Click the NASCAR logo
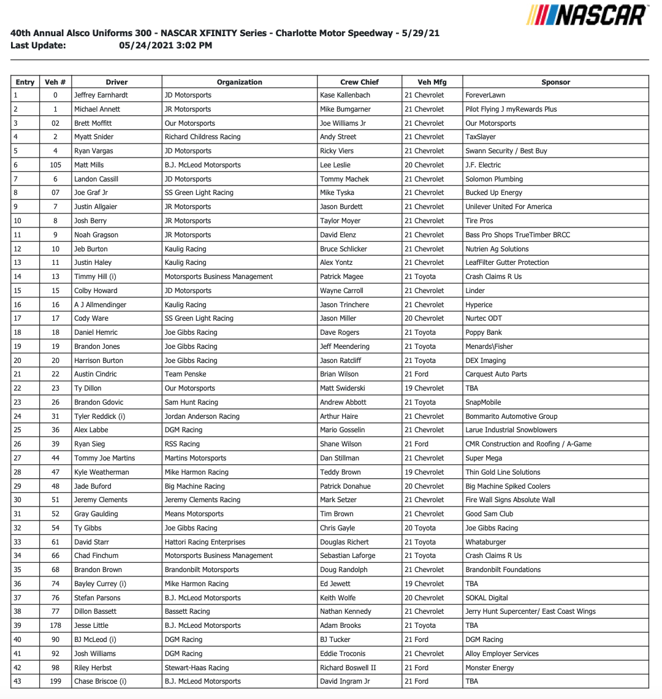[587, 15]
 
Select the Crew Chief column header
[359, 82]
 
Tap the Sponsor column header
[555, 82]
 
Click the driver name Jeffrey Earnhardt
[101, 96]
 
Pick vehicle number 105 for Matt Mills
[55, 165]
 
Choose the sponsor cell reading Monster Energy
[490, 668]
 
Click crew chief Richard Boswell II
[348, 668]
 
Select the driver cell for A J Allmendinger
[100, 305]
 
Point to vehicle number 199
[55, 681]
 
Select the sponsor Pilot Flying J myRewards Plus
[511, 109]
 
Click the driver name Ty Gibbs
[88, 528]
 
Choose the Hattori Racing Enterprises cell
[205, 542]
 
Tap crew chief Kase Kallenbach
[345, 96]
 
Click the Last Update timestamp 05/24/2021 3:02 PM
[165, 45]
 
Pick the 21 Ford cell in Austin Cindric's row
[417, 374]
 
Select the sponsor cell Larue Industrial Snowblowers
[511, 430]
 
